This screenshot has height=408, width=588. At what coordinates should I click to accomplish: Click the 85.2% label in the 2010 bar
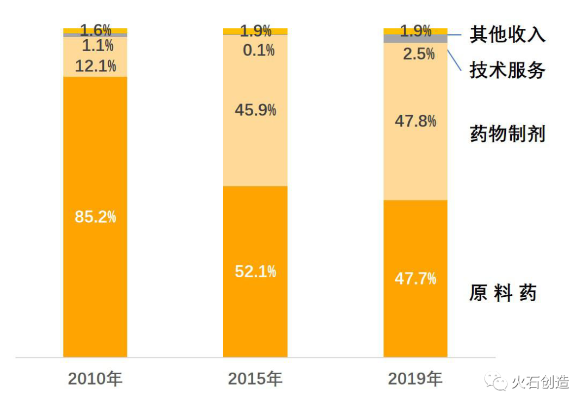click(95, 217)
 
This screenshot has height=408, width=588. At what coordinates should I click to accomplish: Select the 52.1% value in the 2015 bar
click(255, 271)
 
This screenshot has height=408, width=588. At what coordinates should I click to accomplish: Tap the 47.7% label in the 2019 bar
click(415, 279)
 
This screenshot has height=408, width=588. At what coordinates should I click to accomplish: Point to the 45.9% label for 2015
click(255, 110)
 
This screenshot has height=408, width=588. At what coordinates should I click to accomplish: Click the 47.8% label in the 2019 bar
click(415, 121)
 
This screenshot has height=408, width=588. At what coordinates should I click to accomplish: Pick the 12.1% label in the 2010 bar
click(95, 66)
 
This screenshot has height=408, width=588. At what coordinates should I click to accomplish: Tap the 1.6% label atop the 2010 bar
click(95, 30)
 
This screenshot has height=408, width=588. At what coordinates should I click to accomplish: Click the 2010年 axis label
click(95, 379)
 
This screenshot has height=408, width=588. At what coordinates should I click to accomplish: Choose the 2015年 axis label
click(255, 379)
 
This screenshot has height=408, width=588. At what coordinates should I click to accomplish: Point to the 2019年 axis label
click(415, 379)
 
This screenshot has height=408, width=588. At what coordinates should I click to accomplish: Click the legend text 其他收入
click(507, 35)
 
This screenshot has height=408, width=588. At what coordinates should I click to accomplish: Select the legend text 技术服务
click(507, 70)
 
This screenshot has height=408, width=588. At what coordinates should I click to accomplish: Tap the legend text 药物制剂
click(507, 133)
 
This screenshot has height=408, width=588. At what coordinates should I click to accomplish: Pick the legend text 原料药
click(503, 293)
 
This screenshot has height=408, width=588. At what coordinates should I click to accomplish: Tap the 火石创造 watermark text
click(540, 382)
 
